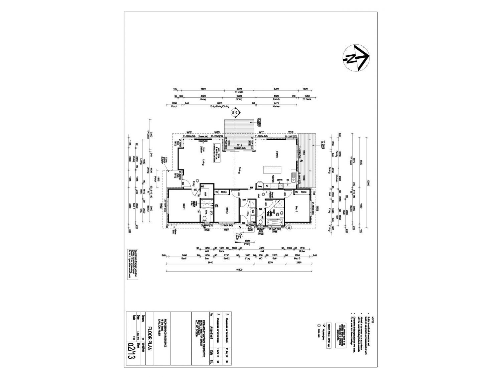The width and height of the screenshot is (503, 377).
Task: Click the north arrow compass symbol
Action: (x=355, y=57)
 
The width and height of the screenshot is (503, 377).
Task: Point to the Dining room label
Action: (x=239, y=170)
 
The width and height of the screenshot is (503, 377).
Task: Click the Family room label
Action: (x=277, y=154)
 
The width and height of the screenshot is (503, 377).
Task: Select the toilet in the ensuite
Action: (x=204, y=219)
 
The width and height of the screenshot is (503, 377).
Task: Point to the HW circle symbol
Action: (x=289, y=227)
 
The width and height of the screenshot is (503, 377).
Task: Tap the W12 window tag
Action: (x=189, y=132)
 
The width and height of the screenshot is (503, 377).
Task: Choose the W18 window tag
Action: (x=291, y=132)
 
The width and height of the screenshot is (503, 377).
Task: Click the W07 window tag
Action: (x=226, y=230)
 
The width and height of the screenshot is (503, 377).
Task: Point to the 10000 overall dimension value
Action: (x=368, y=182)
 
